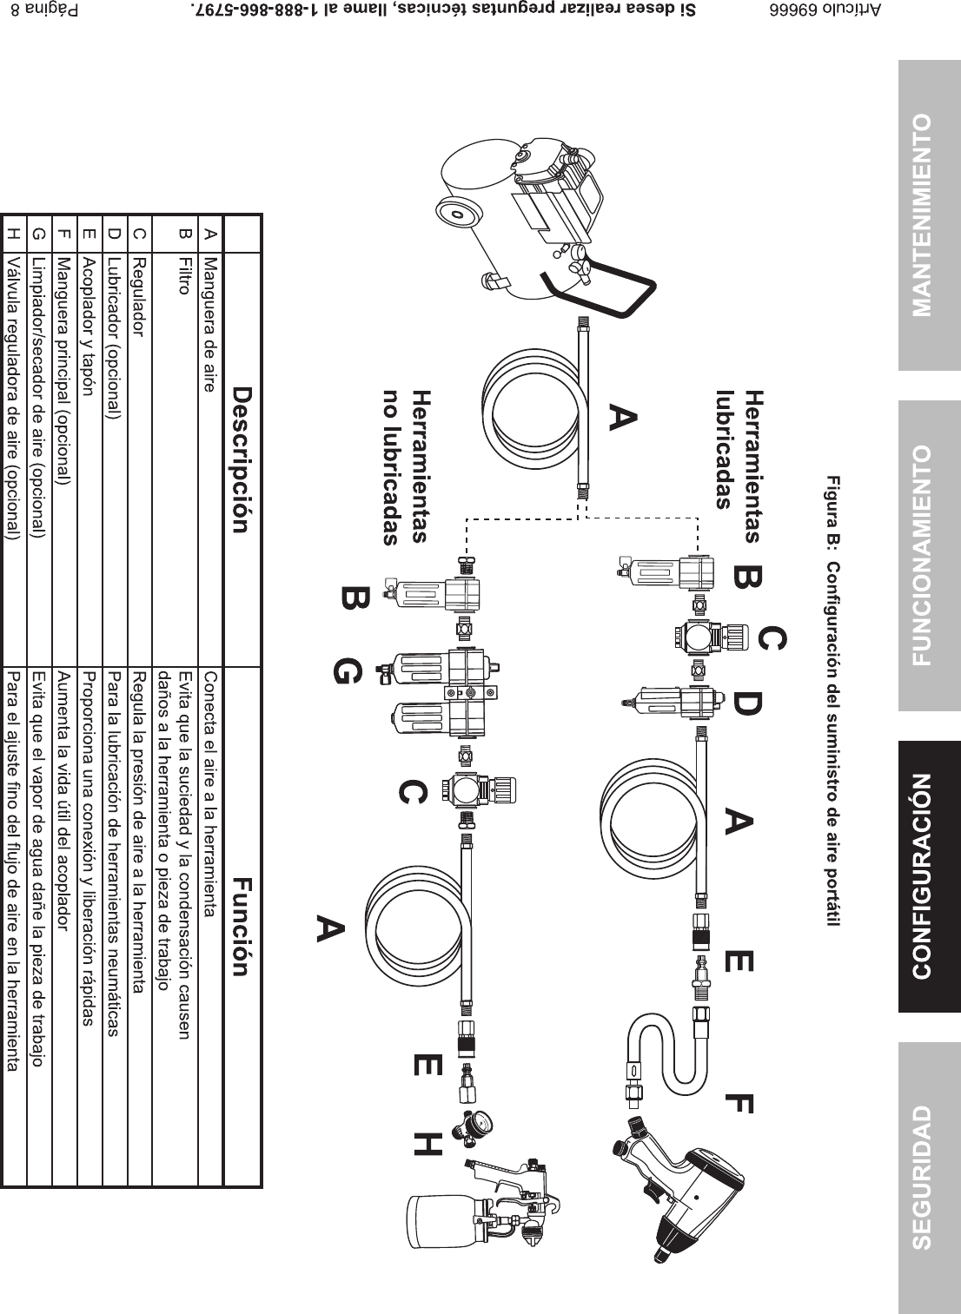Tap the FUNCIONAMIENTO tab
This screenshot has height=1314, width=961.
coord(929,555)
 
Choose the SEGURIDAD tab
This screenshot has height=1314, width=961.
coord(929,1177)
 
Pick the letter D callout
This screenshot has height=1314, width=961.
coord(748,703)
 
